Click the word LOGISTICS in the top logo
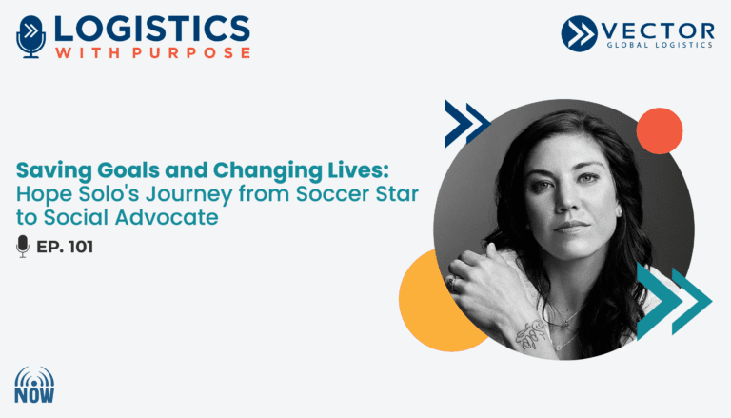[x=152, y=29]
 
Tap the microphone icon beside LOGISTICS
[x=30, y=37]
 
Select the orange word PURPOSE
[x=191, y=52]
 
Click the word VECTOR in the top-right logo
[x=658, y=31]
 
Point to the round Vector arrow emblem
[x=579, y=33]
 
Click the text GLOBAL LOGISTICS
[x=660, y=45]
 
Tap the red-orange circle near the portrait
[x=660, y=131]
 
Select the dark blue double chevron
[x=466, y=124]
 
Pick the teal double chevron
[x=674, y=302]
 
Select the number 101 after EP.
[x=81, y=247]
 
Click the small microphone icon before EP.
[x=23, y=247]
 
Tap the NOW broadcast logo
[x=34, y=385]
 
